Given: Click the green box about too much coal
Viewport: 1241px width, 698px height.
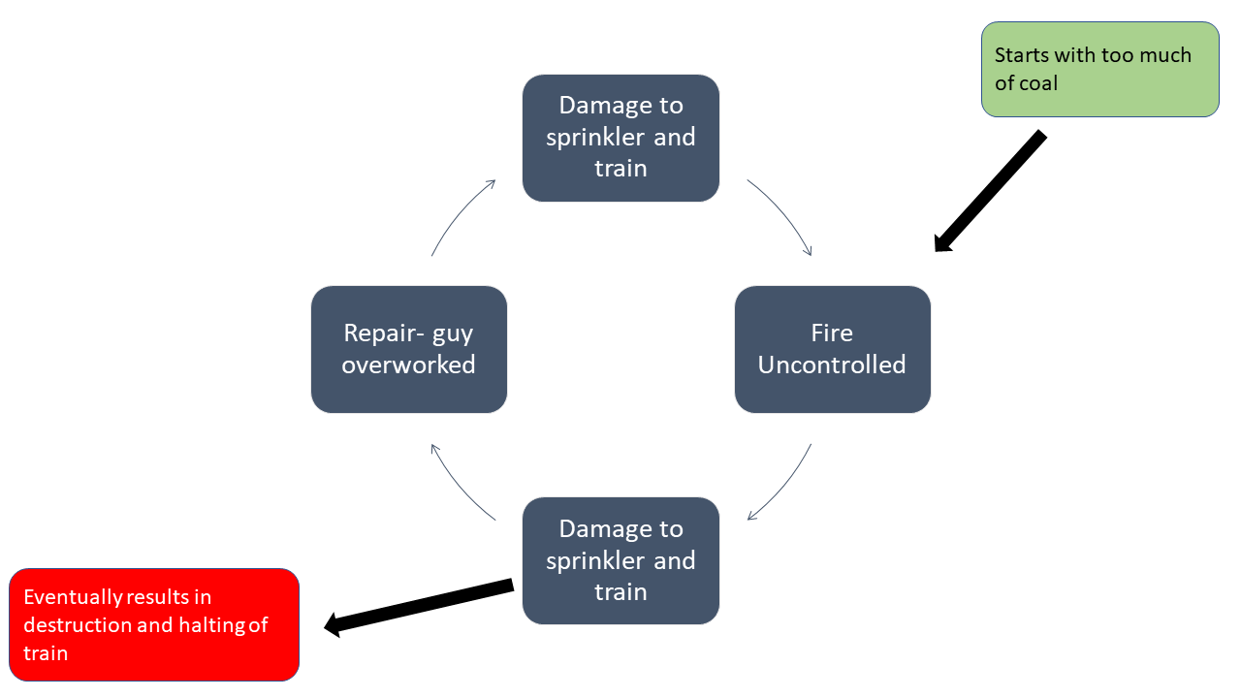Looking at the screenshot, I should click(1099, 70).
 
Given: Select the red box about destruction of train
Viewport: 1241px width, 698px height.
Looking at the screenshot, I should click(154, 624).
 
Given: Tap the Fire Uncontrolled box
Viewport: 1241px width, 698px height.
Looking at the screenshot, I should click(832, 349).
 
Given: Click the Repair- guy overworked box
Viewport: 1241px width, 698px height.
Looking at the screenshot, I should click(408, 349).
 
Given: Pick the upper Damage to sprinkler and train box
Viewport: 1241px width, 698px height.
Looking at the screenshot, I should click(620, 138).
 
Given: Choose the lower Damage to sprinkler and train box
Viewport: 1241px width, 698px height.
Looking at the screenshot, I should click(620, 560).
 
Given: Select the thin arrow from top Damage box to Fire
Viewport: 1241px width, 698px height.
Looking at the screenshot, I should click(783, 214).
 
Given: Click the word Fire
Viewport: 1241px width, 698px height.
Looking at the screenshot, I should click(832, 333).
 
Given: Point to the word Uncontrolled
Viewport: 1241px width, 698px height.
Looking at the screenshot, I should click(832, 365).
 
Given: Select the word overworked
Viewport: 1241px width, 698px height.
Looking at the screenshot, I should click(408, 365).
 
